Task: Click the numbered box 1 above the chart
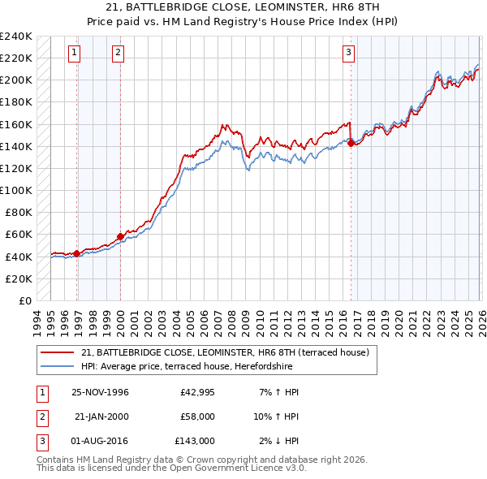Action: (x=74, y=53)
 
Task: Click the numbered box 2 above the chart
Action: (x=118, y=53)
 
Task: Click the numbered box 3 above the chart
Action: (x=348, y=53)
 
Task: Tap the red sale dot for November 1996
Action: (x=77, y=253)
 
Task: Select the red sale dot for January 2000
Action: (x=120, y=236)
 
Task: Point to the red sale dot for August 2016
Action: (x=351, y=143)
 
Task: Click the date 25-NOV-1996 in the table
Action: (x=101, y=392)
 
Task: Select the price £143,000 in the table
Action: (x=194, y=441)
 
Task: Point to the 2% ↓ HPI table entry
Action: (x=278, y=441)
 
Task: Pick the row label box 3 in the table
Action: (x=41, y=441)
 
